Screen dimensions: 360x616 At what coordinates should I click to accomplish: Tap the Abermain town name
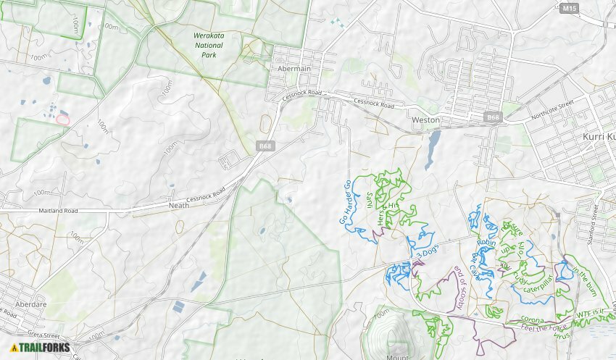point(295,70)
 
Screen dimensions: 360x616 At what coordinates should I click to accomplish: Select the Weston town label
point(425,120)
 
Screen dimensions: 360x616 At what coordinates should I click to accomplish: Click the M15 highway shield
point(570,8)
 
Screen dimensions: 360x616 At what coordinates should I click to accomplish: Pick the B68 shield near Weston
point(494,117)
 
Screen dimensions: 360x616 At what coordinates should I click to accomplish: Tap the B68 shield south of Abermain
point(265,146)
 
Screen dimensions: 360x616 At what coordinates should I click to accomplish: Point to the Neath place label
point(178,205)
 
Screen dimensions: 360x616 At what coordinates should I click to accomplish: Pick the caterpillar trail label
point(537,284)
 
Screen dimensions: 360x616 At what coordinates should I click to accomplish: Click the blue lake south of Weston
point(433,146)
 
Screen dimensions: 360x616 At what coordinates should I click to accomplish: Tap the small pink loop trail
point(63,119)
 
